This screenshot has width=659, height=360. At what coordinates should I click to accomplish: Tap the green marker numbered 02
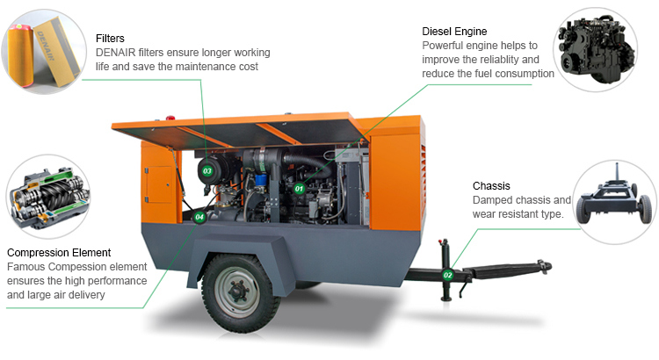pos(447,275)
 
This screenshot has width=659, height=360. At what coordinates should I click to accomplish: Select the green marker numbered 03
pos(207,170)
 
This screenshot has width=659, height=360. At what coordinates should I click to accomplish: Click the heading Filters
pos(110,39)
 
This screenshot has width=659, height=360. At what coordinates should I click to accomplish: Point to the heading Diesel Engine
pos(457,31)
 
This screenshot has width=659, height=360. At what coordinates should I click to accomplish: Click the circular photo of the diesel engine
pos(602,48)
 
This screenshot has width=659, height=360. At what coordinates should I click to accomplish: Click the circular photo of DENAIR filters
pos(44,48)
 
